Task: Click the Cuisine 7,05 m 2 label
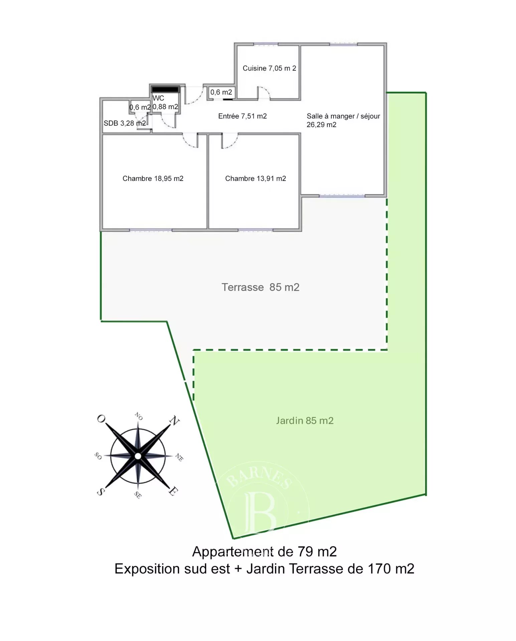click(269, 68)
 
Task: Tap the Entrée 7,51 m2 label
click(242, 116)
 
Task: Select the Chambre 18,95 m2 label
click(153, 179)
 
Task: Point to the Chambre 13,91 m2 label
click(255, 179)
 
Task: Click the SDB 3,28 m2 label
click(125, 123)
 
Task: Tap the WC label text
click(158, 98)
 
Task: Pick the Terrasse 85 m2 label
click(261, 287)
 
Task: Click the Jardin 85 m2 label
click(305, 420)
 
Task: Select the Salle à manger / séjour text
click(343, 116)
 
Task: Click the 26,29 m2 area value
click(322, 125)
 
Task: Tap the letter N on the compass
click(174, 420)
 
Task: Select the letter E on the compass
click(173, 491)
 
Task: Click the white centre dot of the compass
click(138, 456)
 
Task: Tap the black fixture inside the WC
click(165, 89)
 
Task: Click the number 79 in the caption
click(305, 552)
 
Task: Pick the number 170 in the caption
click(379, 569)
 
